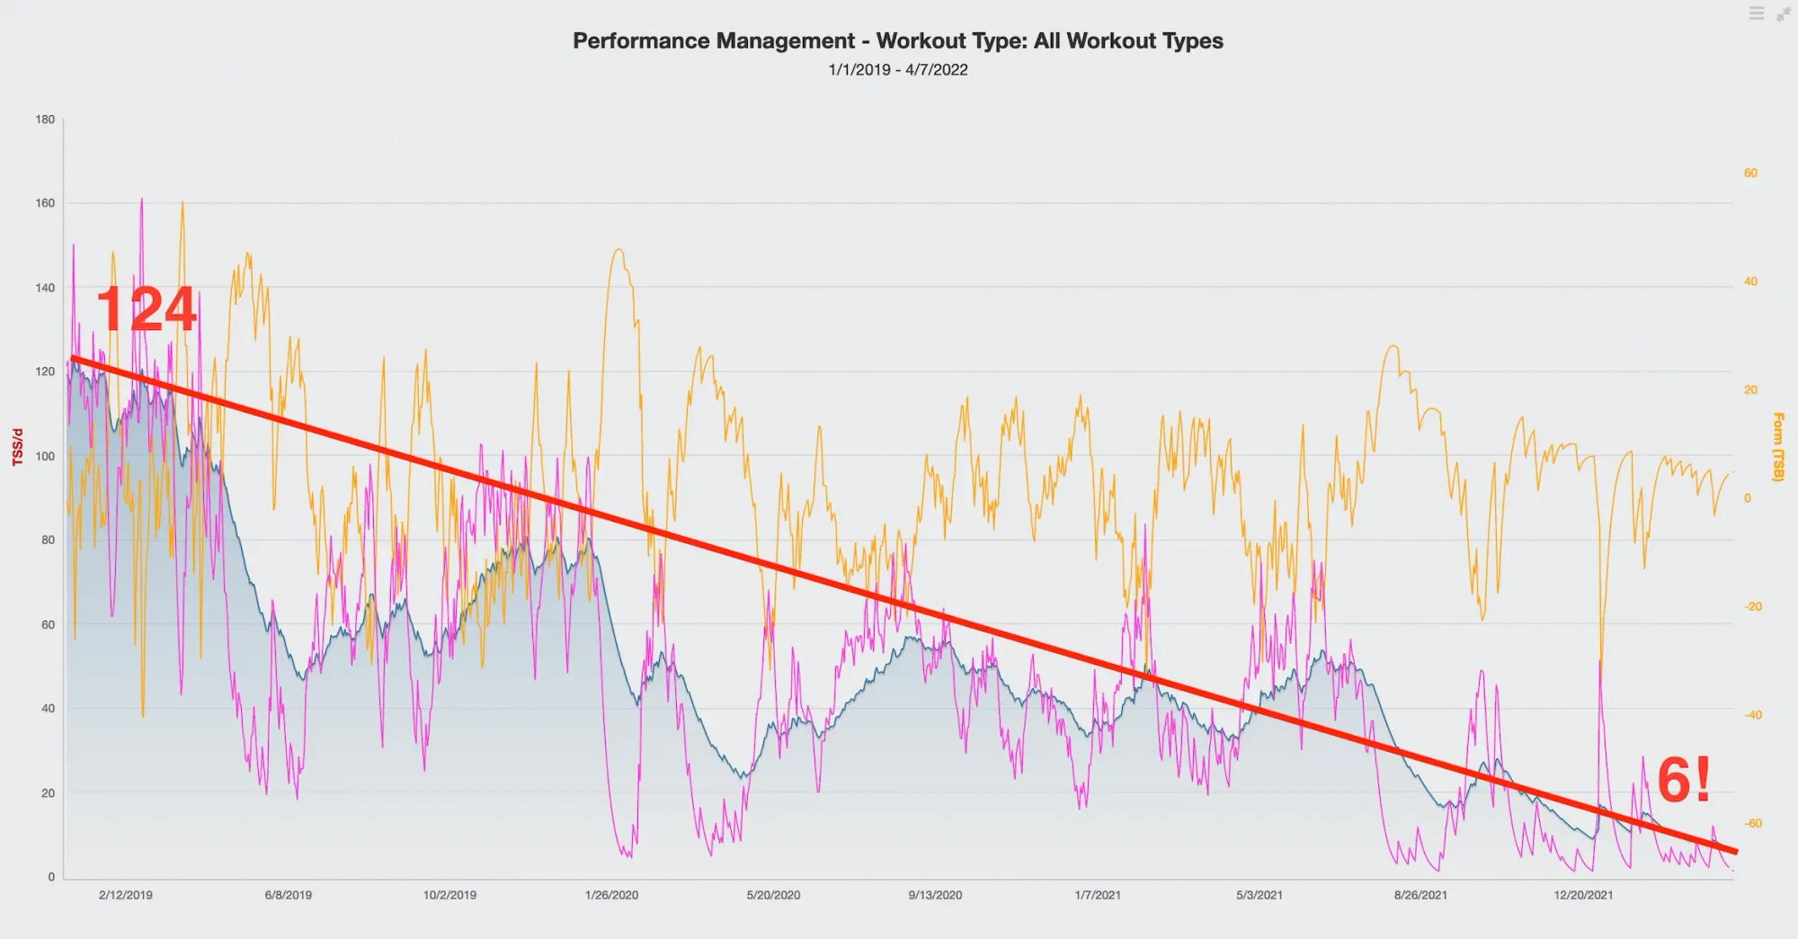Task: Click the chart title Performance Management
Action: pos(897,41)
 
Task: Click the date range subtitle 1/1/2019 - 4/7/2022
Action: pos(897,70)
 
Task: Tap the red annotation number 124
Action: pos(146,309)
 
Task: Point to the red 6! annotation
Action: pos(1683,781)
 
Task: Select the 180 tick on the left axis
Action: pos(45,120)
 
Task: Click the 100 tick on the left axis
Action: pos(45,456)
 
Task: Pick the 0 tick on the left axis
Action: pos(50,877)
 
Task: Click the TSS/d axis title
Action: pos(17,447)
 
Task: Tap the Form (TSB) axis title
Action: pos(1777,447)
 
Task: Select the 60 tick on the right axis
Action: pos(1750,174)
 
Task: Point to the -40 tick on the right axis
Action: pos(1752,716)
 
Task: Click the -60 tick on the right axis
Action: pos(1752,824)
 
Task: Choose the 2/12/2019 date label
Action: pos(126,895)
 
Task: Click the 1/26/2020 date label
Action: pos(611,895)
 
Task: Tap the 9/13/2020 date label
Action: pos(935,895)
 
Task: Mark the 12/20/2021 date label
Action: pos(1583,895)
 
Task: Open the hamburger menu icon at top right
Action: pos(1757,13)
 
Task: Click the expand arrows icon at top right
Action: pos(1783,14)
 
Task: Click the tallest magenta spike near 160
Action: pos(142,201)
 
